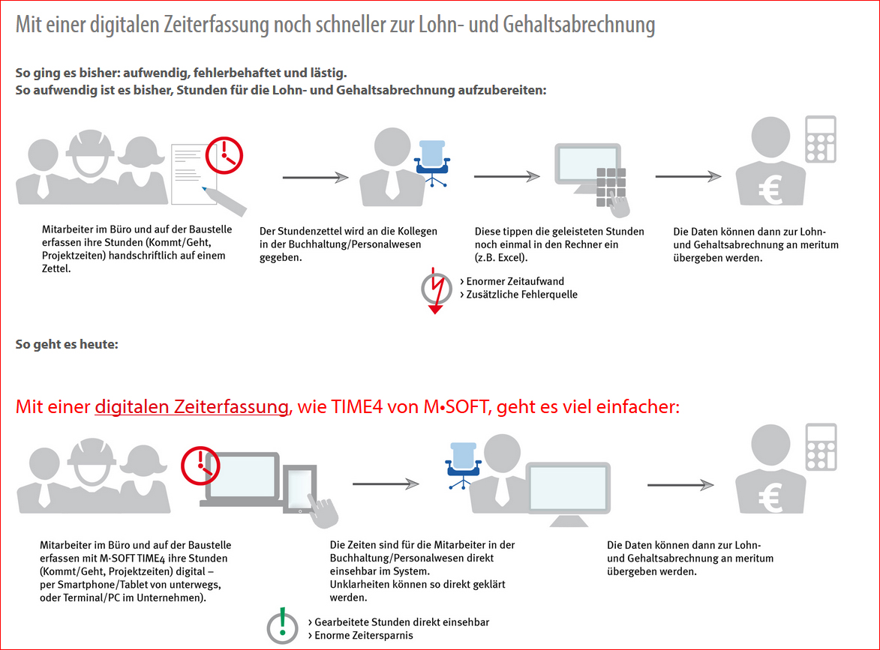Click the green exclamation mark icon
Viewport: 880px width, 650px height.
point(281,627)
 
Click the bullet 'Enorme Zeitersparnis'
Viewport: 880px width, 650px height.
point(364,635)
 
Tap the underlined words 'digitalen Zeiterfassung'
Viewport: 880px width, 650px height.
point(192,407)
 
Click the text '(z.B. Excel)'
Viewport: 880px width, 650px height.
point(502,258)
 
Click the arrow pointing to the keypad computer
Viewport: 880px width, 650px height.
point(506,176)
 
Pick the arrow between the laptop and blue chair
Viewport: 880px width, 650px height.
point(385,484)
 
